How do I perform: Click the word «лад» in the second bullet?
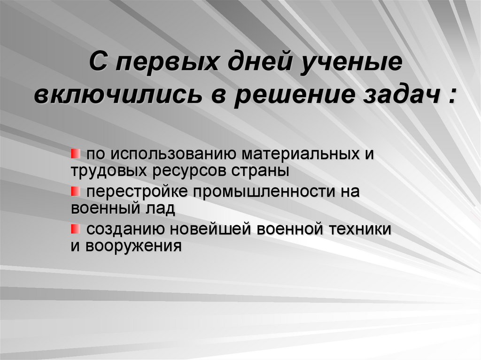pos(162,208)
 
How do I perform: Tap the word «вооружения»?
pos(133,245)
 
